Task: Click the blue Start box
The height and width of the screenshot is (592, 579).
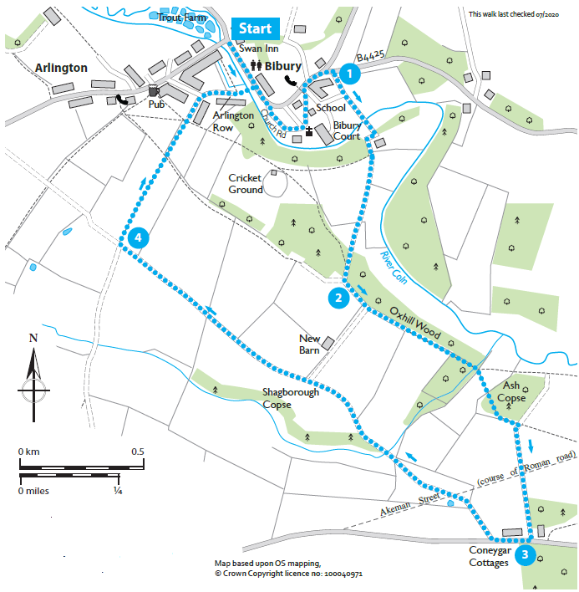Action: click(256, 28)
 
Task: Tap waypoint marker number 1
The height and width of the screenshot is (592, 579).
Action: click(351, 73)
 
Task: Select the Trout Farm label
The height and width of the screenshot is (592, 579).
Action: click(181, 17)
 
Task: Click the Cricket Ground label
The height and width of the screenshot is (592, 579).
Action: click(247, 184)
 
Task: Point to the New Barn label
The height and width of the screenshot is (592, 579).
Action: click(310, 344)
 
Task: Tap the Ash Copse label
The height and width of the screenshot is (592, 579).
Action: click(513, 391)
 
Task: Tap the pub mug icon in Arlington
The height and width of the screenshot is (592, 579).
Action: click(153, 90)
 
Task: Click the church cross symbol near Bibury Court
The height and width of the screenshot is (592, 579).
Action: click(308, 131)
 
